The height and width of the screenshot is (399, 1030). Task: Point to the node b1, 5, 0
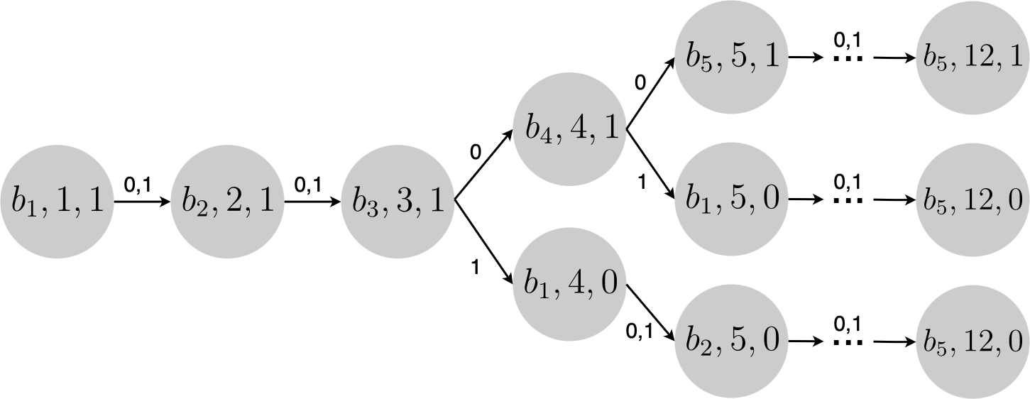coord(731,199)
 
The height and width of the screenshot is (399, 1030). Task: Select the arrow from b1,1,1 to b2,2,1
coord(142,202)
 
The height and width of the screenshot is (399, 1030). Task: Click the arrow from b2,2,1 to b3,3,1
coord(312,202)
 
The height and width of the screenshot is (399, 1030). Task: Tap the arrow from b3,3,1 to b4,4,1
coord(483,167)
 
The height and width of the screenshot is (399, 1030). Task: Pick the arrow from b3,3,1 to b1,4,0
coord(483,243)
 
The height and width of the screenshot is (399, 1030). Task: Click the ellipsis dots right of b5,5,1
coord(848,58)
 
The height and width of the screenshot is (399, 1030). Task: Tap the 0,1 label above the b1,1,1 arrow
coord(137,186)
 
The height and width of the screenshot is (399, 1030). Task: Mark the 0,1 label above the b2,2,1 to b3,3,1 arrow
coord(307,186)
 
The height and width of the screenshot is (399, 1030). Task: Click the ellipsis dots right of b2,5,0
coord(848,342)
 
